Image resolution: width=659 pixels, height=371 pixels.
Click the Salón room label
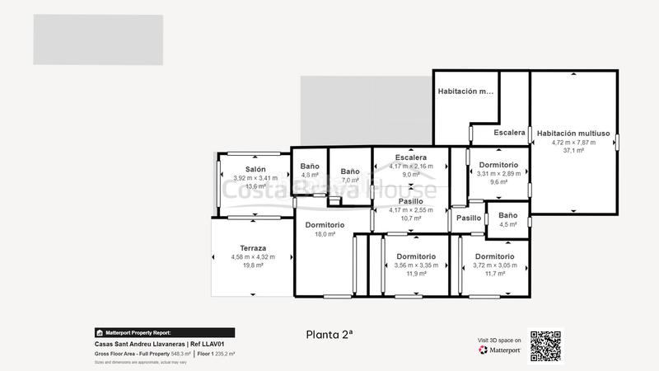tap(255, 169)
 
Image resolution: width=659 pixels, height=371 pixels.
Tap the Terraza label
tap(253, 248)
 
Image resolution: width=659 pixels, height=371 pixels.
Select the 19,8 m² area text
tap(253, 265)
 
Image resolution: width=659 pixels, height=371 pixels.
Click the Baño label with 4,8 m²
tap(310, 166)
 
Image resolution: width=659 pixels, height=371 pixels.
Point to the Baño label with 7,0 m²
tap(350, 171)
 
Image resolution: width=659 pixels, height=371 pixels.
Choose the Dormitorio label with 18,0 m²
tap(325, 225)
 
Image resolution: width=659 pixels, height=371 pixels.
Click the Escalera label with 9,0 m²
tap(410, 157)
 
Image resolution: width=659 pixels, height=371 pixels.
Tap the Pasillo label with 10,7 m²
tap(410, 201)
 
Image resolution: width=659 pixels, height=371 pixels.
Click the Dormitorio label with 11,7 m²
tap(495, 256)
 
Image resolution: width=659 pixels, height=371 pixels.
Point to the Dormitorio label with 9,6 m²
tap(498, 164)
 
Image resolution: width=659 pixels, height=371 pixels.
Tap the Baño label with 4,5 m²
tap(508, 215)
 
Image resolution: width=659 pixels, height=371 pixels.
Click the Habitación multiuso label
tap(573, 133)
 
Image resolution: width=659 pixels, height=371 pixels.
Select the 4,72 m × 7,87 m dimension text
tap(573, 142)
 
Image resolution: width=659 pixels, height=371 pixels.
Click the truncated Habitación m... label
tap(465, 92)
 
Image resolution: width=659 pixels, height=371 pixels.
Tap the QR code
tap(544, 346)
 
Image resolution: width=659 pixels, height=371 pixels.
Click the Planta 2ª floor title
tap(329, 334)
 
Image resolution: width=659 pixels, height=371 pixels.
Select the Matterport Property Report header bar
tap(164, 333)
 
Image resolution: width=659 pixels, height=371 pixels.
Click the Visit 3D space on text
tap(499, 340)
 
